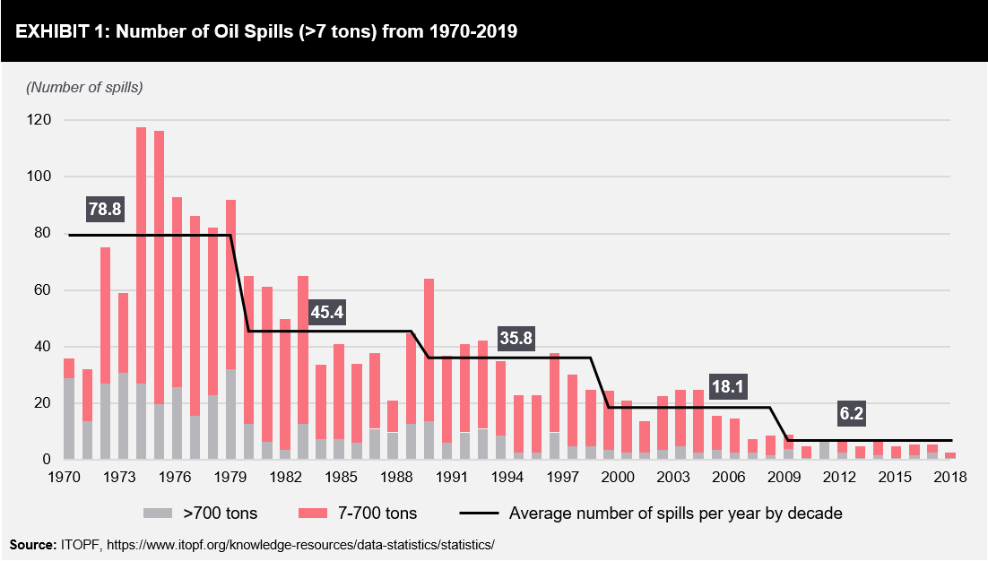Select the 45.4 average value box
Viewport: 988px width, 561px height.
(x=327, y=313)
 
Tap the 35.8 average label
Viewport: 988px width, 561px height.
(x=516, y=337)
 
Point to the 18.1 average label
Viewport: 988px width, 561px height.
(x=727, y=387)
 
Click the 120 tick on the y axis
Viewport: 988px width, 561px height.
(x=40, y=120)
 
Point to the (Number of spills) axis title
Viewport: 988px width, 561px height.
(x=84, y=87)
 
